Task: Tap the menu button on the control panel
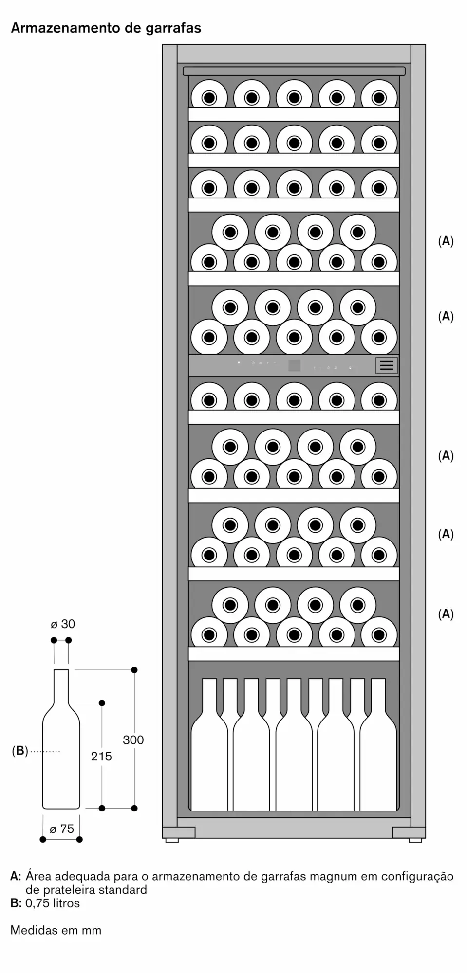pos(387,365)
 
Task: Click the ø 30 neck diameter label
pos(63,624)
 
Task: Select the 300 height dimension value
pos(133,740)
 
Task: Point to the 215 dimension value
pos(101,756)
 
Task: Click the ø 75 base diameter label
pos(62,829)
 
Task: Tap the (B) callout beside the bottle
pos(20,751)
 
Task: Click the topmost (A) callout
pos(446,241)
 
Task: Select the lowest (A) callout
pos(446,614)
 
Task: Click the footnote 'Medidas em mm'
pos(56,930)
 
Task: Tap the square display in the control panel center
pos(294,365)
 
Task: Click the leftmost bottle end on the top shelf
pos(209,98)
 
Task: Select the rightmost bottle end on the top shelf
pos(379,98)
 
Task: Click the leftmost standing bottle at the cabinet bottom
pos(209,744)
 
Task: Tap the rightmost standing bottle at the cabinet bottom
pos(378,744)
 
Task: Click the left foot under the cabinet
pos(172,840)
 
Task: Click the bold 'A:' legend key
pos(16,877)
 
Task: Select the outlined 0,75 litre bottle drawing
pos(61,739)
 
